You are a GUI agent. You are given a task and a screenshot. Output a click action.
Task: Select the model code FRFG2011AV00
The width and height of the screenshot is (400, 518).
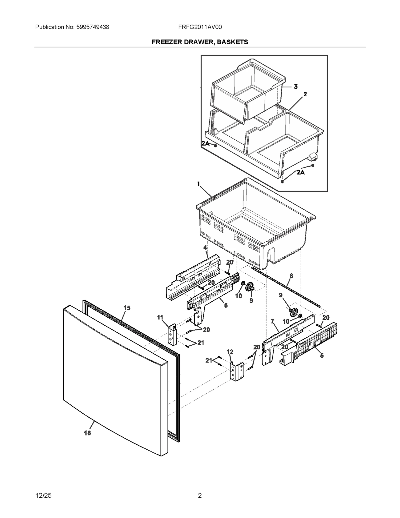[200, 27]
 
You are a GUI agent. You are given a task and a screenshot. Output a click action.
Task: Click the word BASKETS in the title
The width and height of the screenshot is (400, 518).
[232, 42]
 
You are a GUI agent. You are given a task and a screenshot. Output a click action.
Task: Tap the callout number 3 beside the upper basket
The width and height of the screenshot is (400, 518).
[295, 87]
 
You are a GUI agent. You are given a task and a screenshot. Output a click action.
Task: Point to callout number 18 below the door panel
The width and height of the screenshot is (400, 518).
[87, 433]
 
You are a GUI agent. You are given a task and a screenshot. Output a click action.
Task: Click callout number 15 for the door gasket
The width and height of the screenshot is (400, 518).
[127, 308]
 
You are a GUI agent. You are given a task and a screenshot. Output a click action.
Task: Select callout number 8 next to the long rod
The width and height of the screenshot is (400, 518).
[291, 276]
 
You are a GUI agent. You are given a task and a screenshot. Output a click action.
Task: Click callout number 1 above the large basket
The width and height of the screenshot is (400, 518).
[199, 184]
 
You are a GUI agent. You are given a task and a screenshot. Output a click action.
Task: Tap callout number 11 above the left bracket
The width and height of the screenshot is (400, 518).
[160, 317]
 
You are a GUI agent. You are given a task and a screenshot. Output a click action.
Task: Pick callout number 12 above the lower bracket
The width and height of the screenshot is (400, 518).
[230, 352]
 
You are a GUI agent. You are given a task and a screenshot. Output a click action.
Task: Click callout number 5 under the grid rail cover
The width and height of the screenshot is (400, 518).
[322, 355]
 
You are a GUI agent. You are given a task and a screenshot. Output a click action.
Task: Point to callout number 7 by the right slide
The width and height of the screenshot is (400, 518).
[272, 321]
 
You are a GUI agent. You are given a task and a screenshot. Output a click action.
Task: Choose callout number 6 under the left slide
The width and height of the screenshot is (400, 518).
[226, 305]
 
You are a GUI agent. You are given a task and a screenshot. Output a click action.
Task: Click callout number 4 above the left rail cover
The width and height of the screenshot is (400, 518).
[205, 247]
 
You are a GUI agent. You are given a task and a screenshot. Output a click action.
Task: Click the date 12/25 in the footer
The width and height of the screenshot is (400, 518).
[43, 495]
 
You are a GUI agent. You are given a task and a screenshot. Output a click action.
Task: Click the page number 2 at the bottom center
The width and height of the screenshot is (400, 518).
[200, 495]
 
